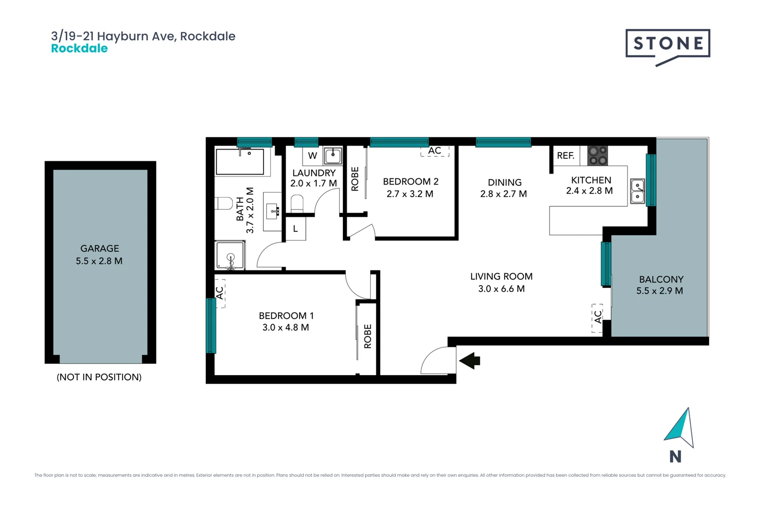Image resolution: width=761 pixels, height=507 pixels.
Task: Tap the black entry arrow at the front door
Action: pyautogui.click(x=470, y=361)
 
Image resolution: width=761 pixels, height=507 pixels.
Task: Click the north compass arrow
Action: pyautogui.click(x=680, y=427)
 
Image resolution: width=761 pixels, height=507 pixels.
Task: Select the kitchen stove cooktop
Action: pyautogui.click(x=598, y=155)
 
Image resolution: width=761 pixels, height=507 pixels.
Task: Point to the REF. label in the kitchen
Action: pyautogui.click(x=565, y=155)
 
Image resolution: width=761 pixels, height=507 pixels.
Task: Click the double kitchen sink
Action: pyautogui.click(x=637, y=191)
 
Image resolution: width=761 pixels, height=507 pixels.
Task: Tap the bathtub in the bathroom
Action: pyautogui.click(x=240, y=161)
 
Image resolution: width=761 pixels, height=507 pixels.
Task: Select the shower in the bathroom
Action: pyautogui.click(x=230, y=256)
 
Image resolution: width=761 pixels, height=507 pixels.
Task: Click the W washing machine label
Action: pyautogui.click(x=312, y=155)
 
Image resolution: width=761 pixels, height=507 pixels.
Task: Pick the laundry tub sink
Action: pyautogui.click(x=333, y=155)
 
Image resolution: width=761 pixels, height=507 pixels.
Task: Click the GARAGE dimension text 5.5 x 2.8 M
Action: pyautogui.click(x=99, y=261)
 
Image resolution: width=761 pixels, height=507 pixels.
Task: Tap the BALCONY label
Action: pyautogui.click(x=661, y=279)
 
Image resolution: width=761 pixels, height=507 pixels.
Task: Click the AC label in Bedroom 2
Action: pyautogui.click(x=435, y=151)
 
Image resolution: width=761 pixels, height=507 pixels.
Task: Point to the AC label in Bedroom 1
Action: pyautogui.click(x=219, y=292)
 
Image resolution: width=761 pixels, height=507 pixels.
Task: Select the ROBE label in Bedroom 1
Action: pyautogui.click(x=367, y=336)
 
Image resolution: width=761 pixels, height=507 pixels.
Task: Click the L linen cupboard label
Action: pyautogui.click(x=295, y=229)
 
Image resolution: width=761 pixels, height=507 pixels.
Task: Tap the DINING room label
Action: pyautogui.click(x=505, y=182)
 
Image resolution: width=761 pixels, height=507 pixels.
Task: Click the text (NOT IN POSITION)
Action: pyautogui.click(x=99, y=377)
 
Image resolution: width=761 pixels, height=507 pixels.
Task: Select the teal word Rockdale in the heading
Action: pyautogui.click(x=79, y=48)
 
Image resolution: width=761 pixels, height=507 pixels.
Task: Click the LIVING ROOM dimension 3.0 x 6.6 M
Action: pyautogui.click(x=501, y=289)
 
